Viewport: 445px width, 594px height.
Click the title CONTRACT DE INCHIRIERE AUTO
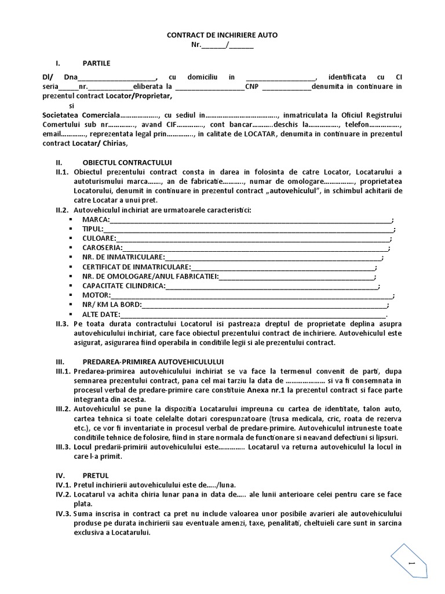click(x=222, y=35)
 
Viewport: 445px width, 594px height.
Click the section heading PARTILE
click(x=96, y=63)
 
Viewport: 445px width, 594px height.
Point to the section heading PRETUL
click(x=95, y=474)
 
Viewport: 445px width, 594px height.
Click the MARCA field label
click(x=96, y=220)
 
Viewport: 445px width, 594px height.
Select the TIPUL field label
click(x=93, y=229)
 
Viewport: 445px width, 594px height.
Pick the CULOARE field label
click(x=99, y=238)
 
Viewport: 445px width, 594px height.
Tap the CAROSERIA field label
click(x=102, y=248)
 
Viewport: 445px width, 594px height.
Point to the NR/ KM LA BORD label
click(x=112, y=305)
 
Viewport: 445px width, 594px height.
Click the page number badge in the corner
click(x=412, y=563)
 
